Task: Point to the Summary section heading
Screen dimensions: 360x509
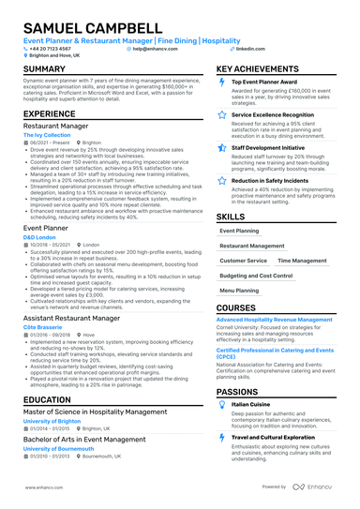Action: click(44, 69)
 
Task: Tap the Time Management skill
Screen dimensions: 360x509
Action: click(302, 261)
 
